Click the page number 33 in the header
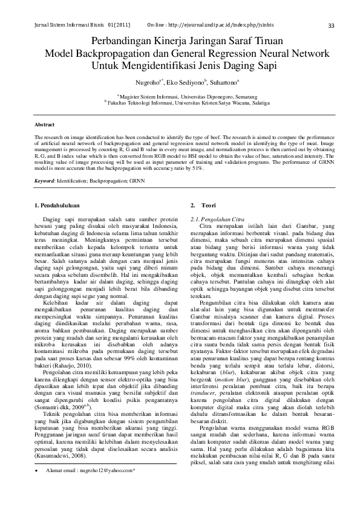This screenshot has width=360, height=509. [x=330, y=26]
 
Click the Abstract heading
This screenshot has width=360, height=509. [x=45, y=125]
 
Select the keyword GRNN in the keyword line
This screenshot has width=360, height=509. [x=136, y=181]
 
